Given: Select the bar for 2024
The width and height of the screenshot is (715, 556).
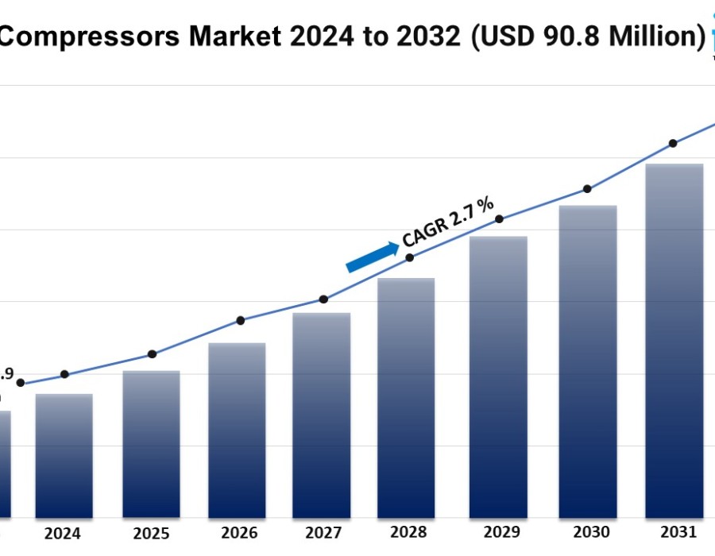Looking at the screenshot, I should [x=64, y=456].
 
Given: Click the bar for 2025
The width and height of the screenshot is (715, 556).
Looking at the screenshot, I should [x=151, y=445].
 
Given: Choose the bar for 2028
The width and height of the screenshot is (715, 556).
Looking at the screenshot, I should [x=406, y=398].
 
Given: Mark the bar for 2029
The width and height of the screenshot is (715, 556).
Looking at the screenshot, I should [x=498, y=377].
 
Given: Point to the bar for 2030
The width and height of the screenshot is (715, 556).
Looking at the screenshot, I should [x=588, y=361].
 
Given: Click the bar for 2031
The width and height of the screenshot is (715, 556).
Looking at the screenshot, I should [x=674, y=341].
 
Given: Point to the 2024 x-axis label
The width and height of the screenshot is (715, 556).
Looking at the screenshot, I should [x=62, y=534].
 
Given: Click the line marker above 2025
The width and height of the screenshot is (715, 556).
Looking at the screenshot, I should [x=153, y=354].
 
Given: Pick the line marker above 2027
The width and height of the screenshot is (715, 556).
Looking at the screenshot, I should [x=323, y=299].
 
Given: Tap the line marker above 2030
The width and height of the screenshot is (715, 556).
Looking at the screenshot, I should [x=587, y=189].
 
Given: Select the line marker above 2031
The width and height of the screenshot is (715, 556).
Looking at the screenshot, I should [x=673, y=144].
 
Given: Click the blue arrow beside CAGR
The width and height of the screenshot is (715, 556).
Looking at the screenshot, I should [x=373, y=257].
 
